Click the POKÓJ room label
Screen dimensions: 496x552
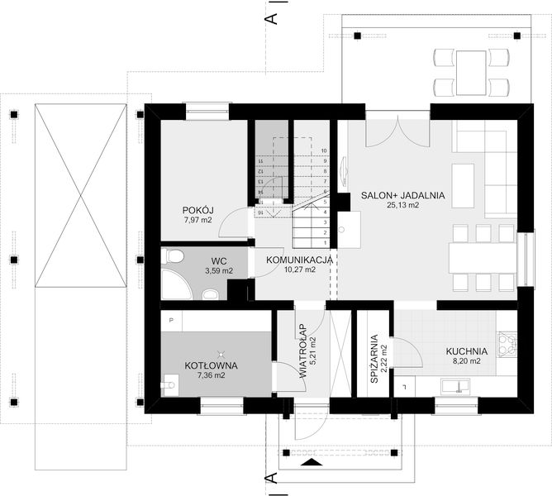click(x=197, y=210)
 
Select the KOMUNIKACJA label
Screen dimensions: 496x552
click(x=299, y=260)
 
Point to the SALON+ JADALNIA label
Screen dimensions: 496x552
click(x=402, y=196)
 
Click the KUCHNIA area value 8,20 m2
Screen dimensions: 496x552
click(x=466, y=361)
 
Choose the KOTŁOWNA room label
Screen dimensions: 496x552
click(x=211, y=365)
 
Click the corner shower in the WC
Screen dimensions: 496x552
click(x=174, y=285)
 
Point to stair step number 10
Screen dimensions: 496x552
click(x=325, y=151)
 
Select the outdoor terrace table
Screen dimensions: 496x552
click(x=473, y=70)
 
